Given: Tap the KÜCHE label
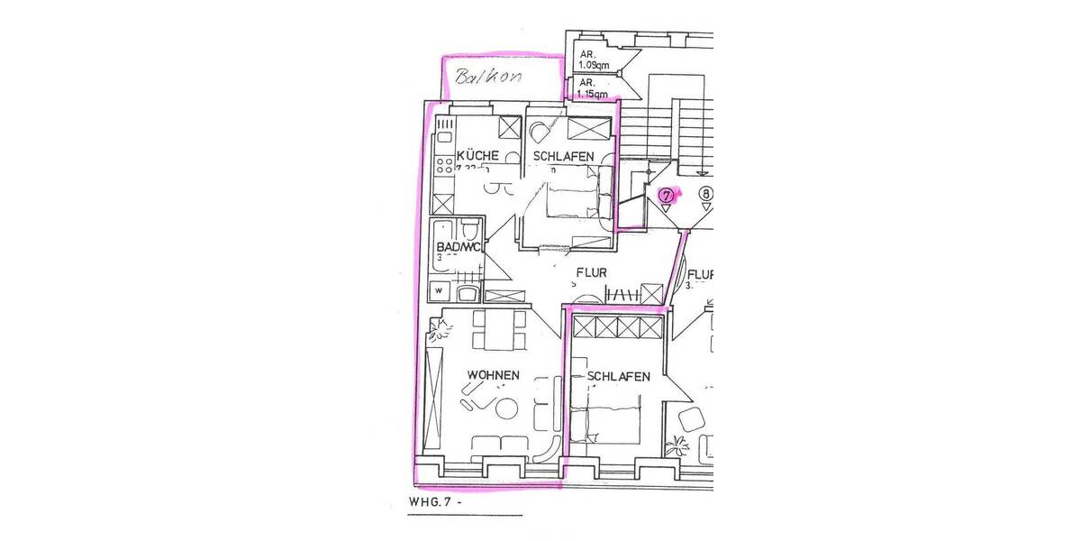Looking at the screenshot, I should click(477, 156).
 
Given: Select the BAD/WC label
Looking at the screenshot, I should click(458, 246).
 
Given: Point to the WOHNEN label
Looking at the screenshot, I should click(493, 374).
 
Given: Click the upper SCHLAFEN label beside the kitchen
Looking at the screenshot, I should click(563, 157).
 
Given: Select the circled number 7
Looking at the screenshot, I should click(667, 195).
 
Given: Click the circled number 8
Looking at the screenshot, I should click(706, 194).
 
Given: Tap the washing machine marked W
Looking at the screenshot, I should click(440, 291).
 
